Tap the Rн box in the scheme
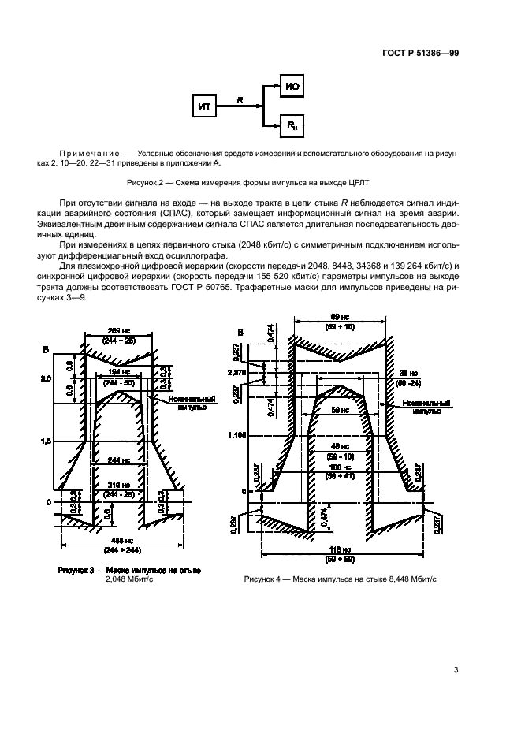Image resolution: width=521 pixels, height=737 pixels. pos(292,125)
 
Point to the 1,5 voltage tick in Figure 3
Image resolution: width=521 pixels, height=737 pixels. pos(46,443)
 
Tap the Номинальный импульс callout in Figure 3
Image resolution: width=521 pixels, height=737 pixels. pos(187,404)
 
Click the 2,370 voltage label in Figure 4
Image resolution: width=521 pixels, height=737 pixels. pos(237,371)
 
